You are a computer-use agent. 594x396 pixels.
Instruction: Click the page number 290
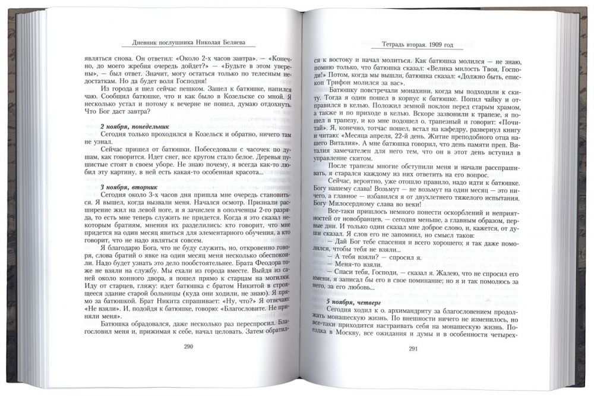pyautogui.click(x=189, y=347)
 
